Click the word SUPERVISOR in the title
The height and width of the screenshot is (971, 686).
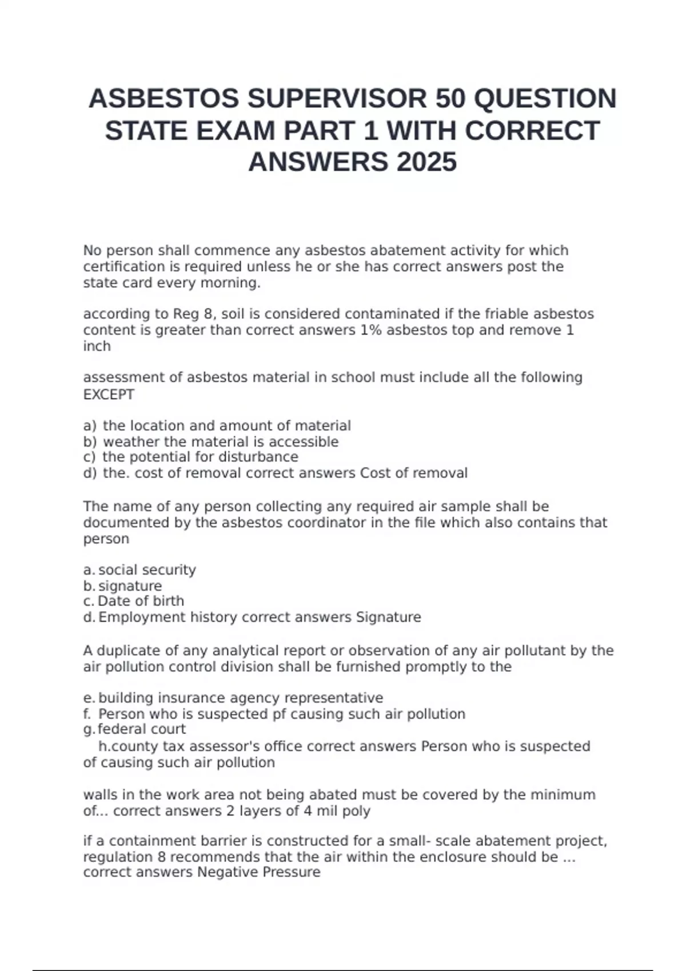point(337,99)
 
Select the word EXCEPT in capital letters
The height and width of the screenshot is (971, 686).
point(109,395)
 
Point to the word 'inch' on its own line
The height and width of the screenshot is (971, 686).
point(97,346)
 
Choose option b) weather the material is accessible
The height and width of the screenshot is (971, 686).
point(211,442)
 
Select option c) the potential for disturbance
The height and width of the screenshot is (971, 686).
point(190,457)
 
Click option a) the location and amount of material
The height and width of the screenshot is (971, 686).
point(217,426)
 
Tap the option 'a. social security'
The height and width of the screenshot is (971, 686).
point(139,570)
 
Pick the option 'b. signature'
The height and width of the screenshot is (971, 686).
point(122,586)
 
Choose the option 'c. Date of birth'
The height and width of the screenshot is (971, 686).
point(134,601)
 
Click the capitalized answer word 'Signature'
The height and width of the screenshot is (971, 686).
point(388,617)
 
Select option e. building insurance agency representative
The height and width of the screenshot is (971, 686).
point(233,698)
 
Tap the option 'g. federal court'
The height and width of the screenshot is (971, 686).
point(134,729)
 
